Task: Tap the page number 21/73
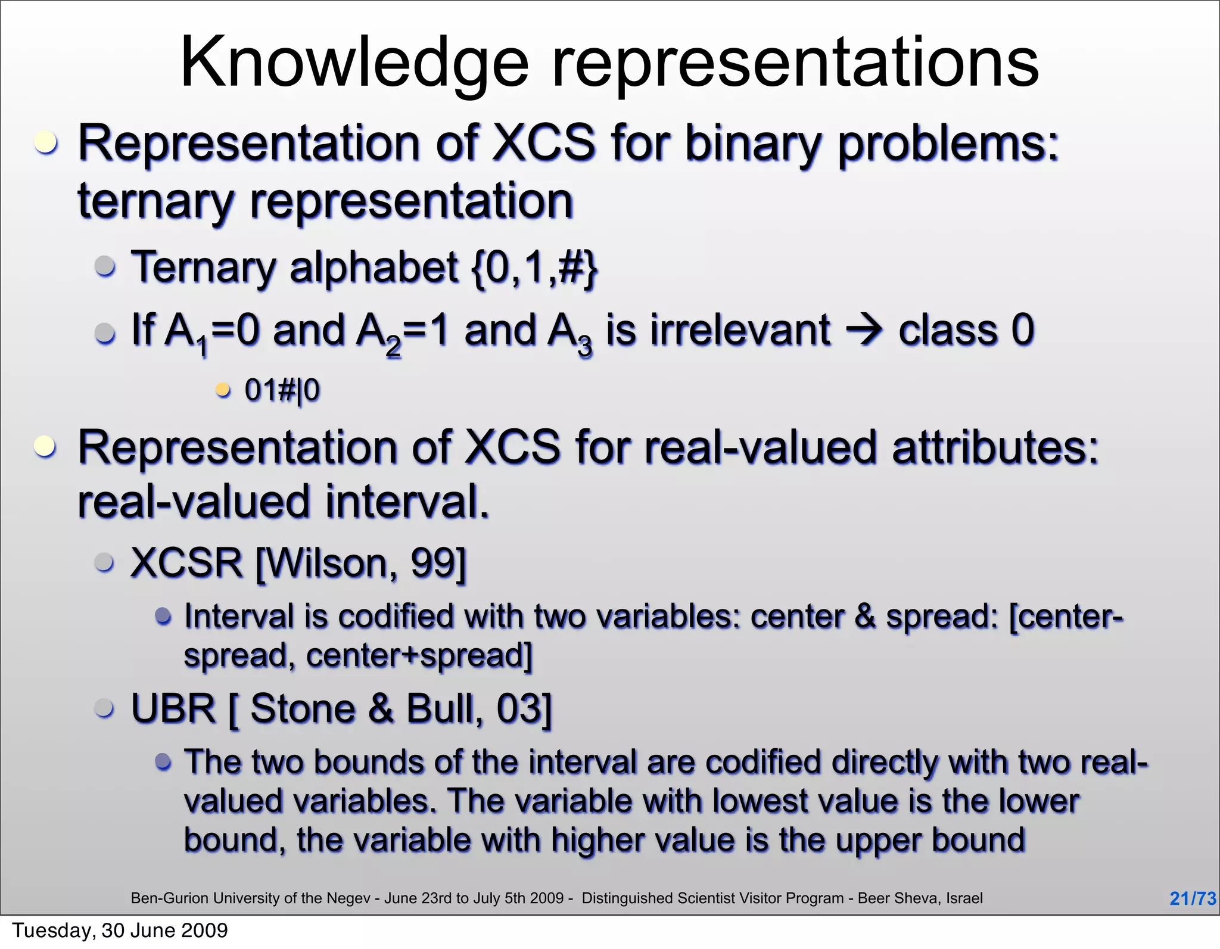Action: pos(1192,898)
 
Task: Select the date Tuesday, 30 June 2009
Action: pos(120,931)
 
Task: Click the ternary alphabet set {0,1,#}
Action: pos(534,268)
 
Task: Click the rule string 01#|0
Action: pos(282,391)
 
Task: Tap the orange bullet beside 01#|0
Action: pos(223,390)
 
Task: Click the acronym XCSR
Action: pos(186,562)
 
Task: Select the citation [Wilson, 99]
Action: pos(361,564)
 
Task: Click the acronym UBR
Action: pos(173,709)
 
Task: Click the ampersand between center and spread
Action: pos(864,617)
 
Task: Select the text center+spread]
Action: pos(419,656)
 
